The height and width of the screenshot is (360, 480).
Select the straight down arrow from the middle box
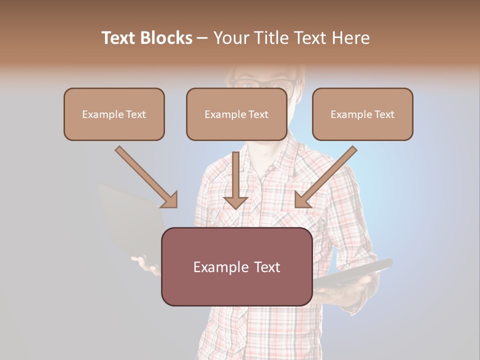pos(235,180)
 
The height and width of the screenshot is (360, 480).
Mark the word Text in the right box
pos(384,114)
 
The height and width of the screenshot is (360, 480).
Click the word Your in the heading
pos(232,38)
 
